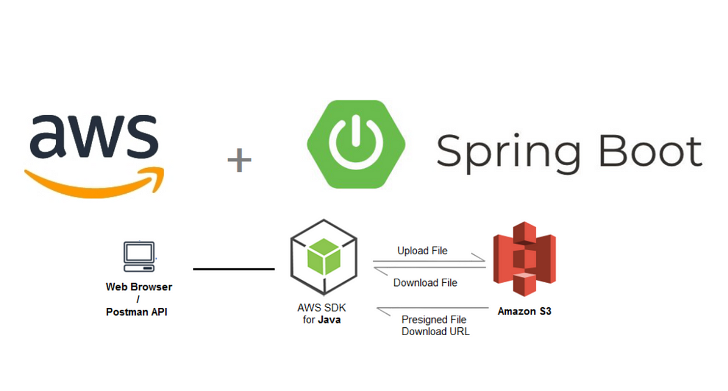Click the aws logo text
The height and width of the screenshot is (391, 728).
92,135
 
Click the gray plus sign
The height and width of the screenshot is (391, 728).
239,161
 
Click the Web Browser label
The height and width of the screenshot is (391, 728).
139,287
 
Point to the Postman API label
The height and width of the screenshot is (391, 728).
136,312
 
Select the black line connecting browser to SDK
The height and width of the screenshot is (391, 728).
234,269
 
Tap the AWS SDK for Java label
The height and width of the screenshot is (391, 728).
322,314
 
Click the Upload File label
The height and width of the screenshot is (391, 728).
422,250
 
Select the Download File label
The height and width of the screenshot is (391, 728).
425,282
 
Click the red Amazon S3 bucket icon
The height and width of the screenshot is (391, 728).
524,257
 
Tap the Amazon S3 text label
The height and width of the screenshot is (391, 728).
524,311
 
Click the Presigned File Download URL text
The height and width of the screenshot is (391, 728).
434,325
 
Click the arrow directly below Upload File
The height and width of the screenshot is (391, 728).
429,262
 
